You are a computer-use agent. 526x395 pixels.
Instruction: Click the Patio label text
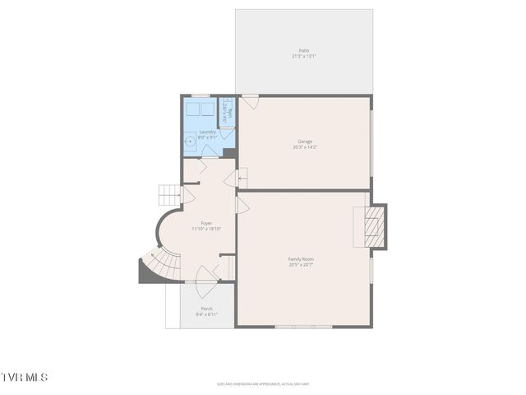[304, 51]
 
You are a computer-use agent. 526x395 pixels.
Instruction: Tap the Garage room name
[304, 142]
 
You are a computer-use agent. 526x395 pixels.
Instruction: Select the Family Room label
[302, 259]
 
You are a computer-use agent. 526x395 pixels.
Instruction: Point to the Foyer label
[206, 223]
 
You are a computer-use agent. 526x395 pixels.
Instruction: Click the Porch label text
[206, 309]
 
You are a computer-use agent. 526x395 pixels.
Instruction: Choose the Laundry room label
[207, 132]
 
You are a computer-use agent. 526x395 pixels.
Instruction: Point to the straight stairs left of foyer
[168, 195]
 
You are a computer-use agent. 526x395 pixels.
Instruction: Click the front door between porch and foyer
[206, 282]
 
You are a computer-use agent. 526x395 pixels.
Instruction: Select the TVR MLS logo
[25, 377]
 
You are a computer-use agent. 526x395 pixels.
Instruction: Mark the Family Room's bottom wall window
[303, 327]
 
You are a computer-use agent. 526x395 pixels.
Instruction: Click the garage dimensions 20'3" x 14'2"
[304, 147]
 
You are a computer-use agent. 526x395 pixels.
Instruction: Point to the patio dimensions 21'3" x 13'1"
[304, 57]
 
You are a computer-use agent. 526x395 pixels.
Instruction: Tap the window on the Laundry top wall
[200, 95]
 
